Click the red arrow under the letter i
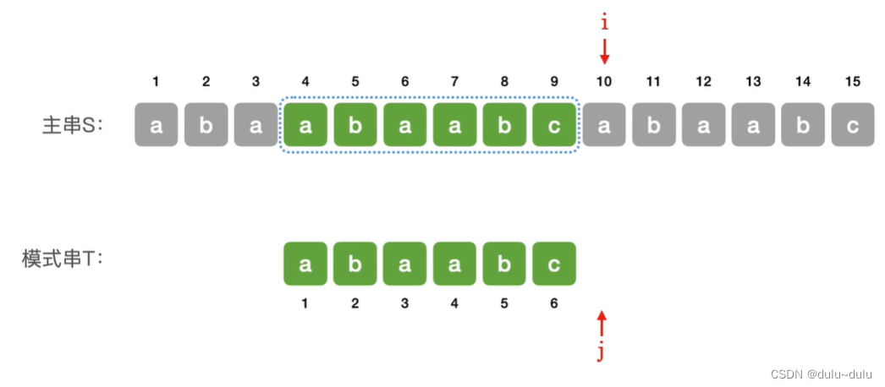(x=604, y=52)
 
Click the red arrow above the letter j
(x=602, y=324)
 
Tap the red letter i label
(x=604, y=23)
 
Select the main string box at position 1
(x=157, y=125)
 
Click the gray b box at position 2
(x=206, y=125)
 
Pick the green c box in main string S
(x=554, y=125)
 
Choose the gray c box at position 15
(x=853, y=125)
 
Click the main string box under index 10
(x=604, y=125)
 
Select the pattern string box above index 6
(x=554, y=264)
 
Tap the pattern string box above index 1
(x=305, y=264)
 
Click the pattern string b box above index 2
(x=355, y=264)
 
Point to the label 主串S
(x=72, y=125)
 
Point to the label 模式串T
(x=62, y=259)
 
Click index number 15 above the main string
(x=853, y=82)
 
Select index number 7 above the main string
(x=454, y=82)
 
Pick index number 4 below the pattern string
(x=454, y=303)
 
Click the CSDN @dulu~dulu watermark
(x=810, y=373)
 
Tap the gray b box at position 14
(x=803, y=125)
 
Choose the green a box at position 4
(x=305, y=125)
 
